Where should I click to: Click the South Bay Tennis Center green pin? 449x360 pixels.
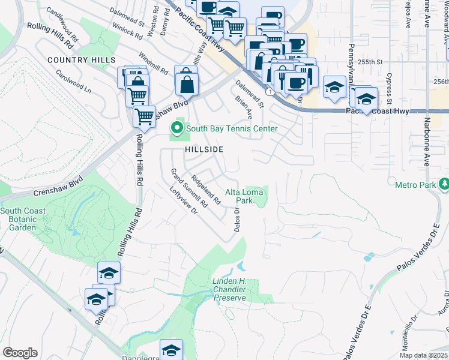click(x=176, y=128)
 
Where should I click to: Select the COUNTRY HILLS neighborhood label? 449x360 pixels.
click(x=81, y=61)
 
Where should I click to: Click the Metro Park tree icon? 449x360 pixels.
click(x=443, y=184)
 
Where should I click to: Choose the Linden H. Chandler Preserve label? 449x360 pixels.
click(x=229, y=289)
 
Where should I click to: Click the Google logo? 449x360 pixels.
click(x=20, y=353)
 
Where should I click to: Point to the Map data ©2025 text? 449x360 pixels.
click(x=423, y=355)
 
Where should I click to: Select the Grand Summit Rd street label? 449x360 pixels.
click(x=189, y=188)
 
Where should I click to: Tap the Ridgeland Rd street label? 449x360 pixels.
click(x=206, y=190)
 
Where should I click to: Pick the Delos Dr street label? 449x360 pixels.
click(x=237, y=220)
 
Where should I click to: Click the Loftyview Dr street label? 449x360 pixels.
click(x=184, y=201)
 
